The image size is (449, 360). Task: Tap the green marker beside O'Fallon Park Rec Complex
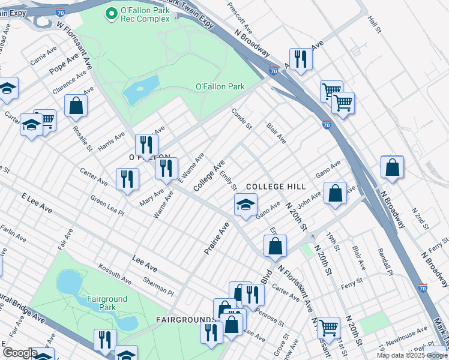[111, 13]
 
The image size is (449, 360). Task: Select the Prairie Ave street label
[217, 238]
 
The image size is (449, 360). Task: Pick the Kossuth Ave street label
[114, 272]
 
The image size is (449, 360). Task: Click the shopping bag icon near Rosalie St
[76, 105]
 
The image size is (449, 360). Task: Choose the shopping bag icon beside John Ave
[336, 193]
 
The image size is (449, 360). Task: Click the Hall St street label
[375, 25]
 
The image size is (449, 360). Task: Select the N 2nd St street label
[420, 218]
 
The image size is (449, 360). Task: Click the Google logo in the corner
[20, 353]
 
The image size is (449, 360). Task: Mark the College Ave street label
[209, 176]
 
